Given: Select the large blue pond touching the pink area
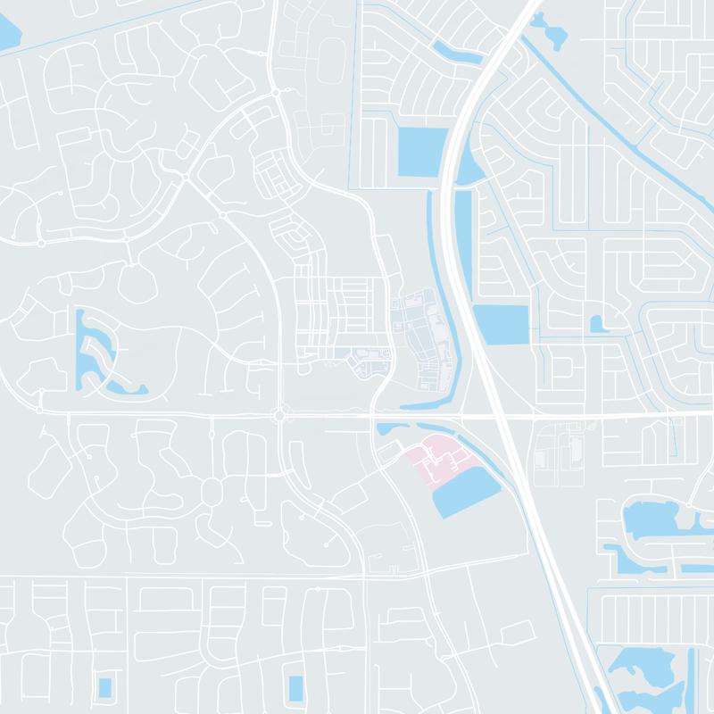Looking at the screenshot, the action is coord(467,492).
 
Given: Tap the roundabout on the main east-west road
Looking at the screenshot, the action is coord(278,416).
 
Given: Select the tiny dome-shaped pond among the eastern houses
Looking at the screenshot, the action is coord(596,323).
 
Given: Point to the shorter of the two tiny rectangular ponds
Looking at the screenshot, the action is coord(105,687).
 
